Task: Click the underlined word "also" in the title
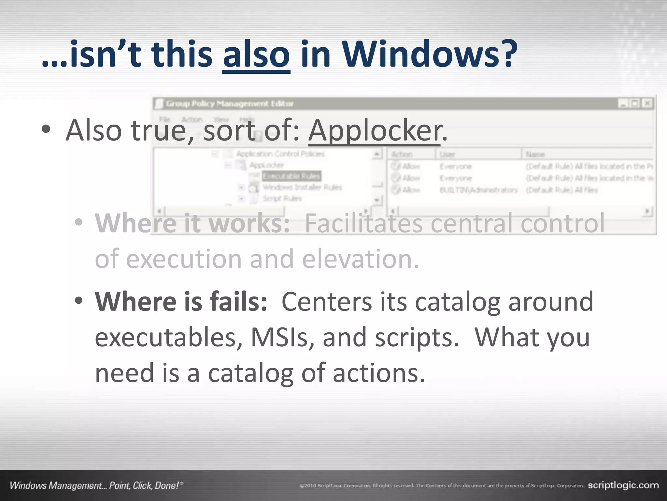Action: [256, 54]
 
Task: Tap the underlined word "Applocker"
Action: [375, 130]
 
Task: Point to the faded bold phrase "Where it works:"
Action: [192, 223]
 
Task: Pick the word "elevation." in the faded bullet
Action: [361, 259]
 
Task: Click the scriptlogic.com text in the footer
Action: [623, 485]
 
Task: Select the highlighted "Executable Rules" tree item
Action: [291, 176]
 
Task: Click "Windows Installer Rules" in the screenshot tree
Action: [302, 187]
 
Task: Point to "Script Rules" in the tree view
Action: [282, 198]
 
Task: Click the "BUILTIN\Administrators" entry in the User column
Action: [478, 190]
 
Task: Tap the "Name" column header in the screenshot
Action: [535, 154]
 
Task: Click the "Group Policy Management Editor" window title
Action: [230, 104]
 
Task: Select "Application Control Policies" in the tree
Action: [280, 154]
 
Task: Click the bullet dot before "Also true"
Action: [46, 129]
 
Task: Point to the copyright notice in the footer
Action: [442, 486]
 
